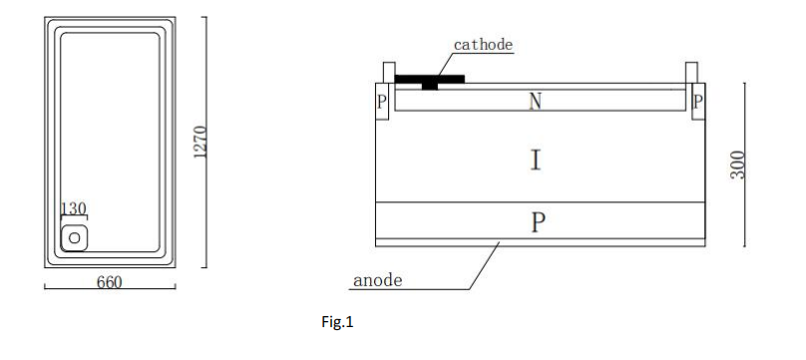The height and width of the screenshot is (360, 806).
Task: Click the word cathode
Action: tap(484, 44)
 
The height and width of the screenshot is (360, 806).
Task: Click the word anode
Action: tap(378, 280)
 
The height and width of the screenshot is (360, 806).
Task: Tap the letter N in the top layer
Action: tap(537, 100)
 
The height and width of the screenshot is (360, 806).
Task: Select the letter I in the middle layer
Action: tap(537, 160)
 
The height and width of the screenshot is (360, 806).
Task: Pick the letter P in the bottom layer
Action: tap(538, 221)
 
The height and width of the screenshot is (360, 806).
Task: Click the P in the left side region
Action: tap(382, 101)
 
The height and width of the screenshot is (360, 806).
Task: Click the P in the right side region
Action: tap(697, 101)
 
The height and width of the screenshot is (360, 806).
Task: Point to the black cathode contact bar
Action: tap(429, 78)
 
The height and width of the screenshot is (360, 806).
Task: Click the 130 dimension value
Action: tap(74, 208)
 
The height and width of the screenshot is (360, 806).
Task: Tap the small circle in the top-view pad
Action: tap(74, 238)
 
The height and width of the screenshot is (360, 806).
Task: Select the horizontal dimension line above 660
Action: tap(110, 289)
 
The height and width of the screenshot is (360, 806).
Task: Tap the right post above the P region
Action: tap(691, 73)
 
